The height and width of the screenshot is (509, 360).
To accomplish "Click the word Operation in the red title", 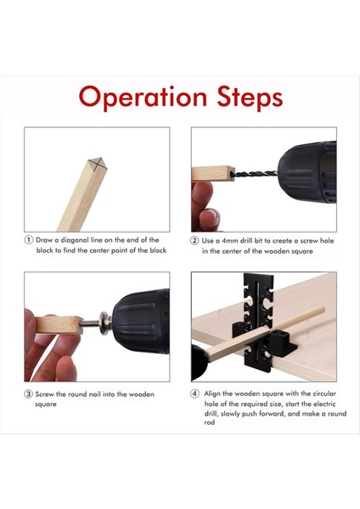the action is (x=143, y=98).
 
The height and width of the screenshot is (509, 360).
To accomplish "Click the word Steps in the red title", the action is (x=250, y=97).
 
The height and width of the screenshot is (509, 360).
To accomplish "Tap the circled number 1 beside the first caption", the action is (x=29, y=240).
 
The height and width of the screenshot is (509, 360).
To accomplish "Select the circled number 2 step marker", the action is (x=194, y=241).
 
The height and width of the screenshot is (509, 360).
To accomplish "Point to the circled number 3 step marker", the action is (x=29, y=394).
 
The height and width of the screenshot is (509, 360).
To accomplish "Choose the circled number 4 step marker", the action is (x=194, y=394).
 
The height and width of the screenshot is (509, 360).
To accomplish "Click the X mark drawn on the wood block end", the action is (x=98, y=164).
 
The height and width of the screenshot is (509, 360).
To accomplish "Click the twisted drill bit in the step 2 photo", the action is (x=256, y=174).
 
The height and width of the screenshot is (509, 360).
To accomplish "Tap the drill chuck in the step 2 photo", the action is (x=307, y=172).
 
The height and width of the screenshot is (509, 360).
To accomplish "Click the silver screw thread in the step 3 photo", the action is (x=90, y=323).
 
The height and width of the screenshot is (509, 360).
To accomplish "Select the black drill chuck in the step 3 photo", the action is (x=141, y=321).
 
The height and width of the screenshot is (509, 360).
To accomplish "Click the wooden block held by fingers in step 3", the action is (x=59, y=325).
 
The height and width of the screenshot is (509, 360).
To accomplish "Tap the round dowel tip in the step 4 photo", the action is (x=323, y=310).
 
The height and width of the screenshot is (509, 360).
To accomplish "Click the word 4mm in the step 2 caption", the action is (x=229, y=241).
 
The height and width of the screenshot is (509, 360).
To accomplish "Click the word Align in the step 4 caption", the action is (x=212, y=394).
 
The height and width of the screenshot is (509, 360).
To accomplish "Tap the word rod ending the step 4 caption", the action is (x=210, y=422).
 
